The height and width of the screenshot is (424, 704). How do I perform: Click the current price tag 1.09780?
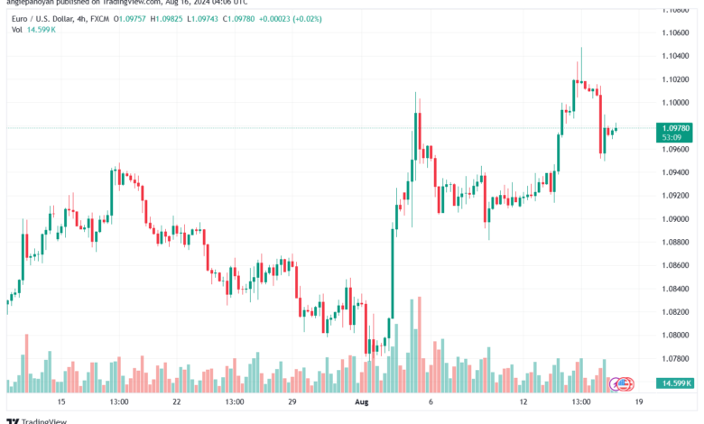pyautogui.click(x=672, y=128)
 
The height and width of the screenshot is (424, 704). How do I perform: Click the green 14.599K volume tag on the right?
pyautogui.click(x=672, y=383)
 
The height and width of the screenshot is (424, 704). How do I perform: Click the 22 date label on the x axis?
pyautogui.click(x=178, y=401)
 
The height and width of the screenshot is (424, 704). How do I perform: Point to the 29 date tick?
pyautogui.click(x=292, y=401)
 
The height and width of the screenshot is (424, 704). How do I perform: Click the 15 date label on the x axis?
pyautogui.click(x=61, y=401)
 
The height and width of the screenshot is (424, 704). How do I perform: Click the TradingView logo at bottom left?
pyautogui.click(x=30, y=419)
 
